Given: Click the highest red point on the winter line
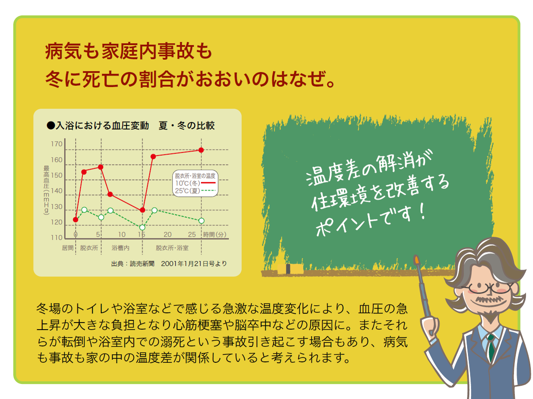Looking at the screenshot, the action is (x=201, y=150).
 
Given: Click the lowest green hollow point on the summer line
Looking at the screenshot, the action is (x=142, y=227).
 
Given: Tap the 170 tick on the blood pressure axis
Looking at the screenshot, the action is (x=57, y=144).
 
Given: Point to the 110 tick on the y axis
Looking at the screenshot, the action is (x=57, y=238).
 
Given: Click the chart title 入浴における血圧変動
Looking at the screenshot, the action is (x=102, y=126).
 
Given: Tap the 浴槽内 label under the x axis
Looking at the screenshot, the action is (x=120, y=248).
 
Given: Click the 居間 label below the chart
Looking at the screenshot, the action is (x=67, y=248).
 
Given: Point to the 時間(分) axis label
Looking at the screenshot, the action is (x=215, y=234).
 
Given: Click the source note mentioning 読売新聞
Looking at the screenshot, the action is (x=169, y=264).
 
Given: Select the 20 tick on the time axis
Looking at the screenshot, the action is (x=167, y=234).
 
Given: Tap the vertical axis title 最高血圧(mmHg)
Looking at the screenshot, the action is (x=46, y=190).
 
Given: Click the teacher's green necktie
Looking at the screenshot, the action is (x=491, y=348).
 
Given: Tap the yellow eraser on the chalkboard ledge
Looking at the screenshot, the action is (x=290, y=269).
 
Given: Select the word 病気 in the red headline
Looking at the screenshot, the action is (x=63, y=51).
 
